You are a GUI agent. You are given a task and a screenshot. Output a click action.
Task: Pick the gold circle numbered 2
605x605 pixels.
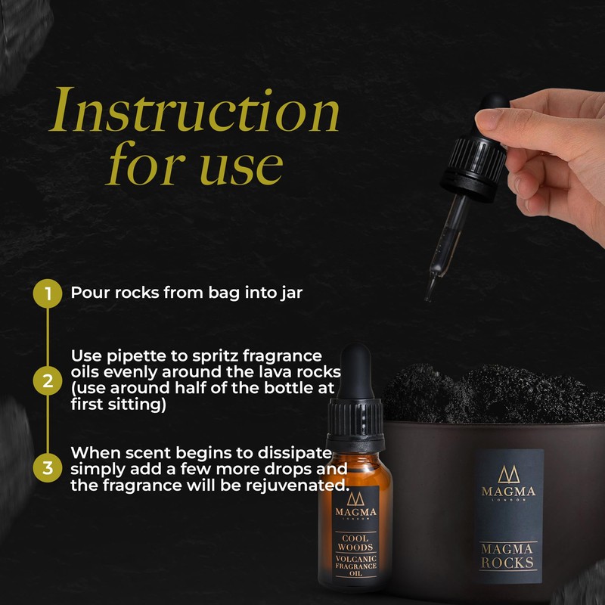click(48, 380)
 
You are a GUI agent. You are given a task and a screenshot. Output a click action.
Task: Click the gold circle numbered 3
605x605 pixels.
click(48, 467)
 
